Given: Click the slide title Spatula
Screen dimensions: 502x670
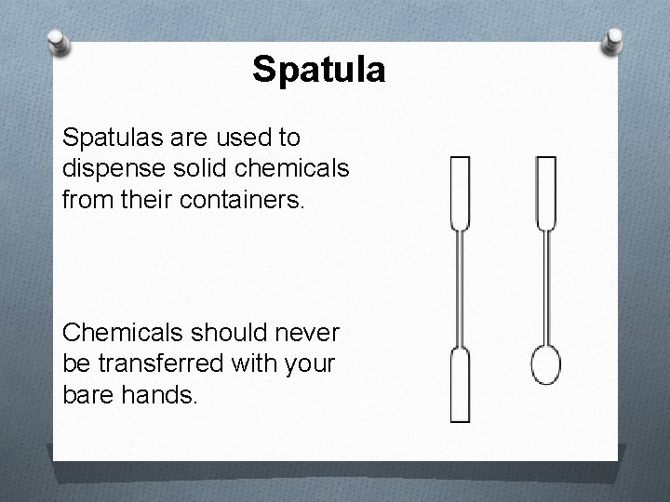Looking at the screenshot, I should [x=318, y=70].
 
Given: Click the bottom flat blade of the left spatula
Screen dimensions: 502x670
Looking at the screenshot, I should [x=461, y=386].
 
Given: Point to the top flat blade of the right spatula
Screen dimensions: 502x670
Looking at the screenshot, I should [x=545, y=192].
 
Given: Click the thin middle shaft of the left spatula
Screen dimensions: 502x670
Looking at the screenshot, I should [x=461, y=288].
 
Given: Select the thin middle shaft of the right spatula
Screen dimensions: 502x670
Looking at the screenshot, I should [x=545, y=284].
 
